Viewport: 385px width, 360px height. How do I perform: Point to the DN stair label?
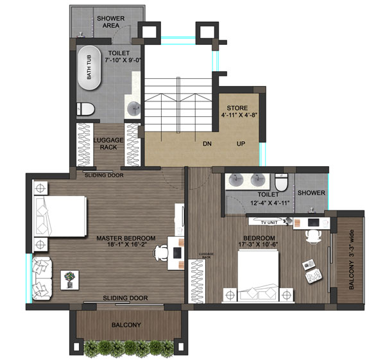point(207,144)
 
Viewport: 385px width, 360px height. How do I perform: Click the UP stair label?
point(241,144)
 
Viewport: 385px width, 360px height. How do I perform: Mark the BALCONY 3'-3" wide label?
point(351,264)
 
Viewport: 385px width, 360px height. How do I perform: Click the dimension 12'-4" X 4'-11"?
point(268,203)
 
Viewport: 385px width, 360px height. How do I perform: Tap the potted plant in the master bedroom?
point(69,278)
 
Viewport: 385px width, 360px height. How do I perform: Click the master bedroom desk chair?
point(160,253)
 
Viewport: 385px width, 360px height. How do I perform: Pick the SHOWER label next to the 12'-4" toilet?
point(311,193)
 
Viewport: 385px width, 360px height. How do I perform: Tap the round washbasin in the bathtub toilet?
point(134,108)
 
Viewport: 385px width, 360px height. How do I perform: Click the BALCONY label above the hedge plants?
point(126,325)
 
